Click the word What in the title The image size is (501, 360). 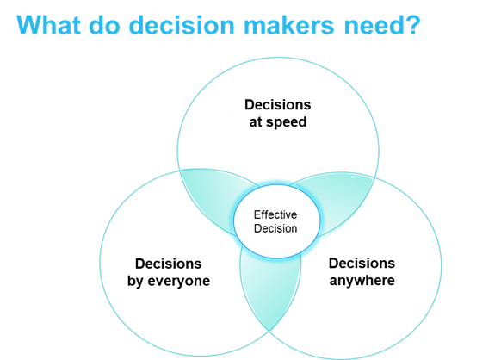pos(48,25)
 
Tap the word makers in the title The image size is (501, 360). pos(289,25)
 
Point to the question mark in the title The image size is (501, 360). pos(412,25)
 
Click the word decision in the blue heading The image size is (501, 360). pos(182,25)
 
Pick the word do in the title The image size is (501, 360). pos(104,25)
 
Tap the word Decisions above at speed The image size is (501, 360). pos(278,105)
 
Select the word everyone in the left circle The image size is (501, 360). pos(178,282)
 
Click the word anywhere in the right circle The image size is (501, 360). pos(362,281)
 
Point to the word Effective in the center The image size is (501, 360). pos(275,214)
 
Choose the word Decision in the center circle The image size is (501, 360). pos(275,228)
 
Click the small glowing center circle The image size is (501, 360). pos(276,221)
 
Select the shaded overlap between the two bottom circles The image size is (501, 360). pos(270,288)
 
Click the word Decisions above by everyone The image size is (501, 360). pos(169,264)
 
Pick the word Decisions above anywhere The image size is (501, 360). pos(362,264)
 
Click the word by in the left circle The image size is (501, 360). pos(135,282)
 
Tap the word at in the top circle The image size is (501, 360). pos(256,122)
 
